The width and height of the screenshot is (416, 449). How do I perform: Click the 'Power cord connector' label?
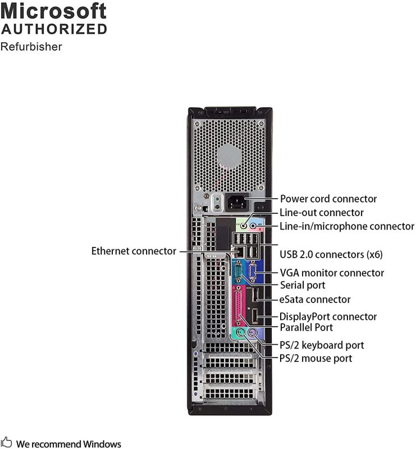coord(328,199)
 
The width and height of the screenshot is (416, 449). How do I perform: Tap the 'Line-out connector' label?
coord(322,213)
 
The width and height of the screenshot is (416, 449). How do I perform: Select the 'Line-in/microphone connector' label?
coord(347,226)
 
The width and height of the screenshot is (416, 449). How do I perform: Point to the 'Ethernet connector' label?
coord(134,251)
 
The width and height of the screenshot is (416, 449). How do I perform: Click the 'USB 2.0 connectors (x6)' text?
coord(331,254)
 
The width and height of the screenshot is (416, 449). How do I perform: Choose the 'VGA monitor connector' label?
coord(332,273)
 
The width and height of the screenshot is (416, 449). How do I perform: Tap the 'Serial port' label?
coord(303,285)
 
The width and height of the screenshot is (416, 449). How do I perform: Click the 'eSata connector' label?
coord(315,300)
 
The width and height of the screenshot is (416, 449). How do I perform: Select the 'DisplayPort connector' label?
coord(328,317)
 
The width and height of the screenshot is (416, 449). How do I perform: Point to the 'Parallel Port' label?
coord(307,327)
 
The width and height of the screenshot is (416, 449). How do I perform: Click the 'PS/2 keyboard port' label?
coord(322,345)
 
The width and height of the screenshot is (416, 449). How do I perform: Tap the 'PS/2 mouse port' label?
coord(316,358)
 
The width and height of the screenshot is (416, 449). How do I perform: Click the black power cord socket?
coord(236,203)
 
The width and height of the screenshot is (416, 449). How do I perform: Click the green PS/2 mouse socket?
coord(241,333)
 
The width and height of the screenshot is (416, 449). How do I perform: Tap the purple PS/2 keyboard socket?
coord(253,333)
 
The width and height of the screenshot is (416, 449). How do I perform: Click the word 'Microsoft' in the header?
coord(53,11)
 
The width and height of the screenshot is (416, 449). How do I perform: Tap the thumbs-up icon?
coord(6,442)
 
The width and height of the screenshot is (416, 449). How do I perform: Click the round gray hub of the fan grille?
coord(228,156)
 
